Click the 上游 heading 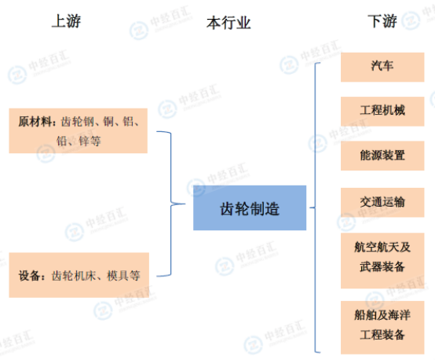[66, 21]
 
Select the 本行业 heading [228, 23]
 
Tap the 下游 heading [382, 21]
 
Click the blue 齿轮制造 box [250, 208]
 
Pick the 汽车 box [382, 68]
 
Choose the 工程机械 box [382, 112]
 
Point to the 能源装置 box [382, 156]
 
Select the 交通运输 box [382, 203]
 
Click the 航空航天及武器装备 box [382, 261]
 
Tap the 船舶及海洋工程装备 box [382, 328]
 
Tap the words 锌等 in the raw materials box [90, 141]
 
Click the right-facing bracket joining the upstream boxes [171, 204]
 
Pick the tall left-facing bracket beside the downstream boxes [315, 208]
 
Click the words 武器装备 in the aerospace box [382, 266]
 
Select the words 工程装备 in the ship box [382, 335]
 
